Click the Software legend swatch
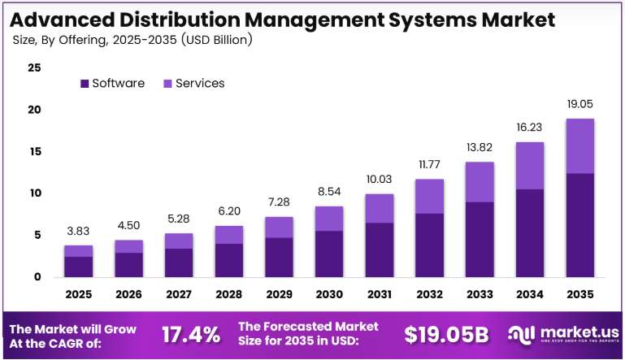(85, 84)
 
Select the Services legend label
(200, 83)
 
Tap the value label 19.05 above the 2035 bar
(580, 104)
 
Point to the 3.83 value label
(78, 231)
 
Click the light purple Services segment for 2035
(580, 146)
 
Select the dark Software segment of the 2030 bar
(329, 254)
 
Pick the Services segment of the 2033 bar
(480, 182)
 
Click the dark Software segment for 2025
(79, 267)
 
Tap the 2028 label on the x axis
(229, 294)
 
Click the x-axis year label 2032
(429, 294)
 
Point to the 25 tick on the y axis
(34, 67)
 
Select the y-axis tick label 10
(35, 193)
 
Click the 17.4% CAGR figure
(191, 335)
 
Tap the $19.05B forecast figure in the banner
(446, 335)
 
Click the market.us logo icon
(521, 335)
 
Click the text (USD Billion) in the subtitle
(216, 40)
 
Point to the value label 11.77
(429, 164)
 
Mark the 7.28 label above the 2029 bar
(279, 202)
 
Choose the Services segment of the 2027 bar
(179, 241)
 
